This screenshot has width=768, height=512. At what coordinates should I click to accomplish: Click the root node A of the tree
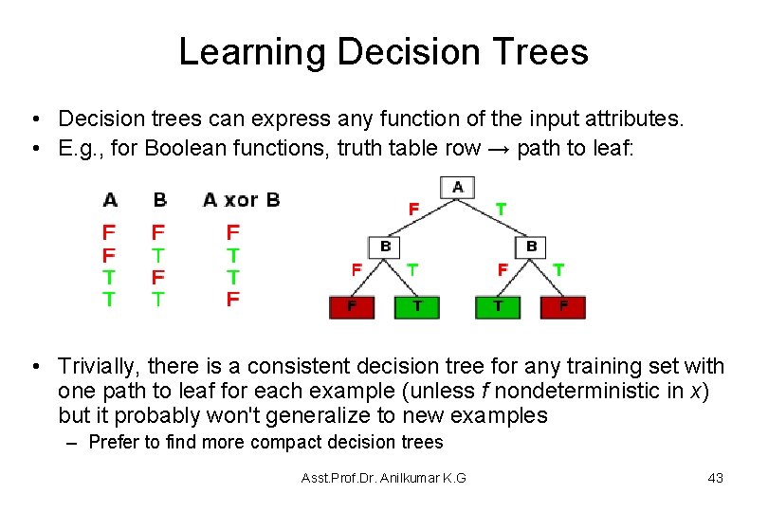click(458, 187)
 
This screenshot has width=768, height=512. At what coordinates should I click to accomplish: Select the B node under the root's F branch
click(386, 247)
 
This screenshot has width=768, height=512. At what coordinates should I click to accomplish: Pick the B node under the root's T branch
click(531, 247)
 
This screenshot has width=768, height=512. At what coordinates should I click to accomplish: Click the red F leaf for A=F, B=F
click(352, 307)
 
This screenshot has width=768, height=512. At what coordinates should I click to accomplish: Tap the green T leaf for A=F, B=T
click(418, 307)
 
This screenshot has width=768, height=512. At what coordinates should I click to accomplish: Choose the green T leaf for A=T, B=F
click(499, 307)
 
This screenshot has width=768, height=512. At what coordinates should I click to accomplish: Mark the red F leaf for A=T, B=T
click(563, 307)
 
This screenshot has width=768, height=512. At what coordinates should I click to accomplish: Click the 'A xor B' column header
click(241, 200)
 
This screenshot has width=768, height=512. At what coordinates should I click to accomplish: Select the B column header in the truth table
click(159, 200)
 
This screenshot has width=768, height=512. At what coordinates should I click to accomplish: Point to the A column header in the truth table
click(110, 200)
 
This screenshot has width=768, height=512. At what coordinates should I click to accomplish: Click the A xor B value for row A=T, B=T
click(233, 300)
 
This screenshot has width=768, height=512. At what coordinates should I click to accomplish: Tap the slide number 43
click(715, 478)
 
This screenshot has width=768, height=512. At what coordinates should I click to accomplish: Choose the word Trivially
click(94, 367)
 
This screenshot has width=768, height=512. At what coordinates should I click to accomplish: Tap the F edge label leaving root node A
click(412, 207)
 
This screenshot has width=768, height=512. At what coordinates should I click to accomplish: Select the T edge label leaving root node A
click(501, 207)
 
